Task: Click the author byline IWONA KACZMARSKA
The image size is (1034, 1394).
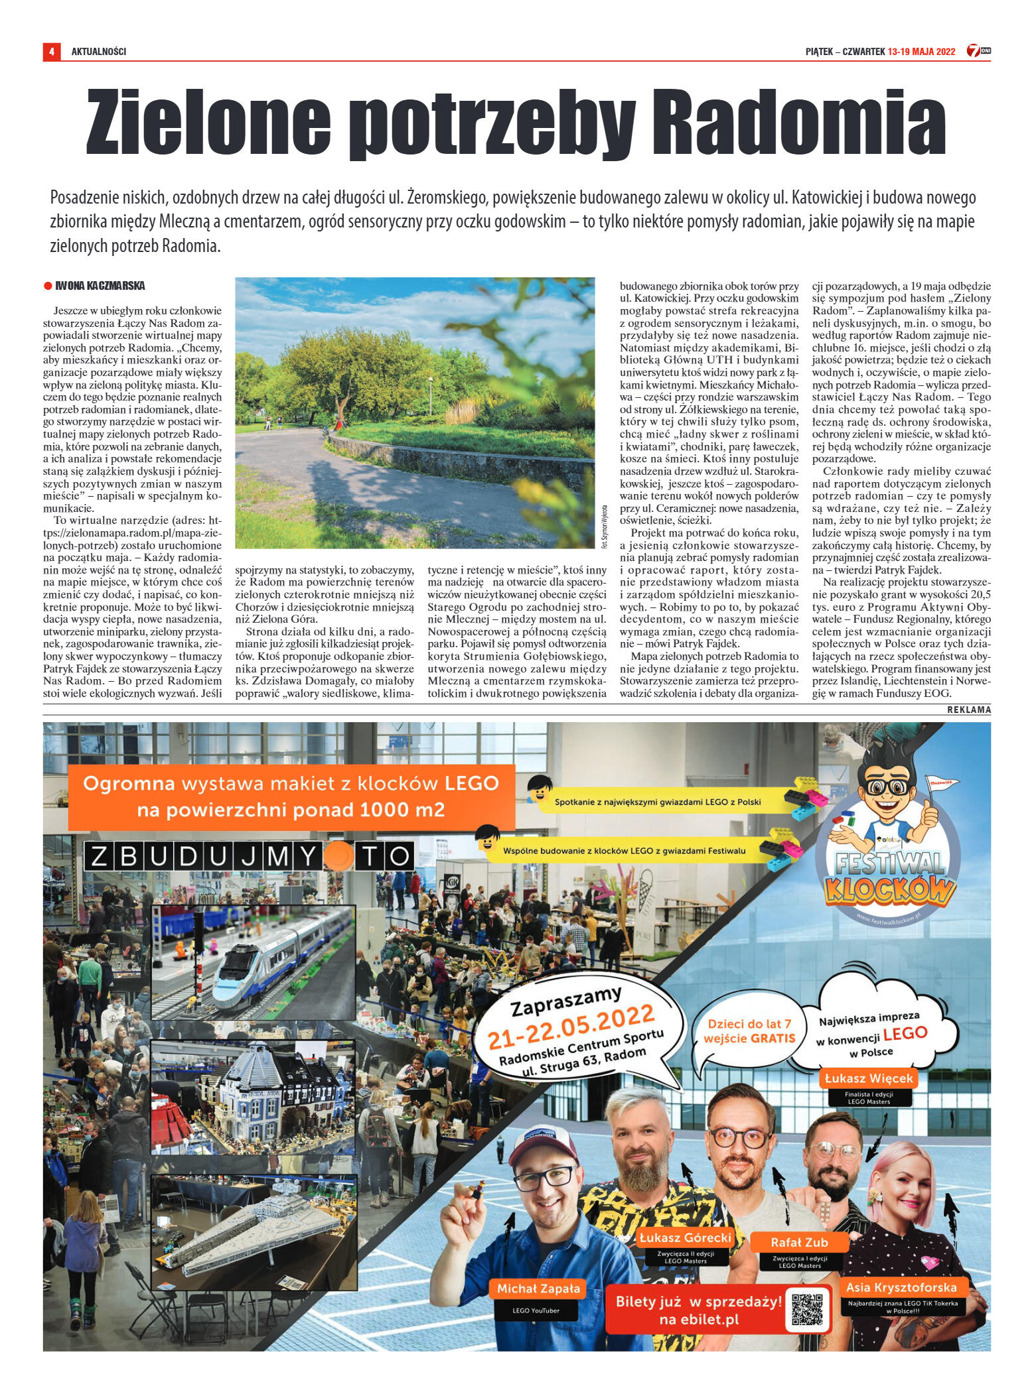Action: tap(100, 286)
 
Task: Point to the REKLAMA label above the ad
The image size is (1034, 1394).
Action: tap(969, 710)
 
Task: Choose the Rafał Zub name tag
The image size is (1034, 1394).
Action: tap(799, 1242)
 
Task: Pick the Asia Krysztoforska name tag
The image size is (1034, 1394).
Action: tap(901, 1287)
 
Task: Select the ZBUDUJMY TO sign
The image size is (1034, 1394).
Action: tap(249, 856)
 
